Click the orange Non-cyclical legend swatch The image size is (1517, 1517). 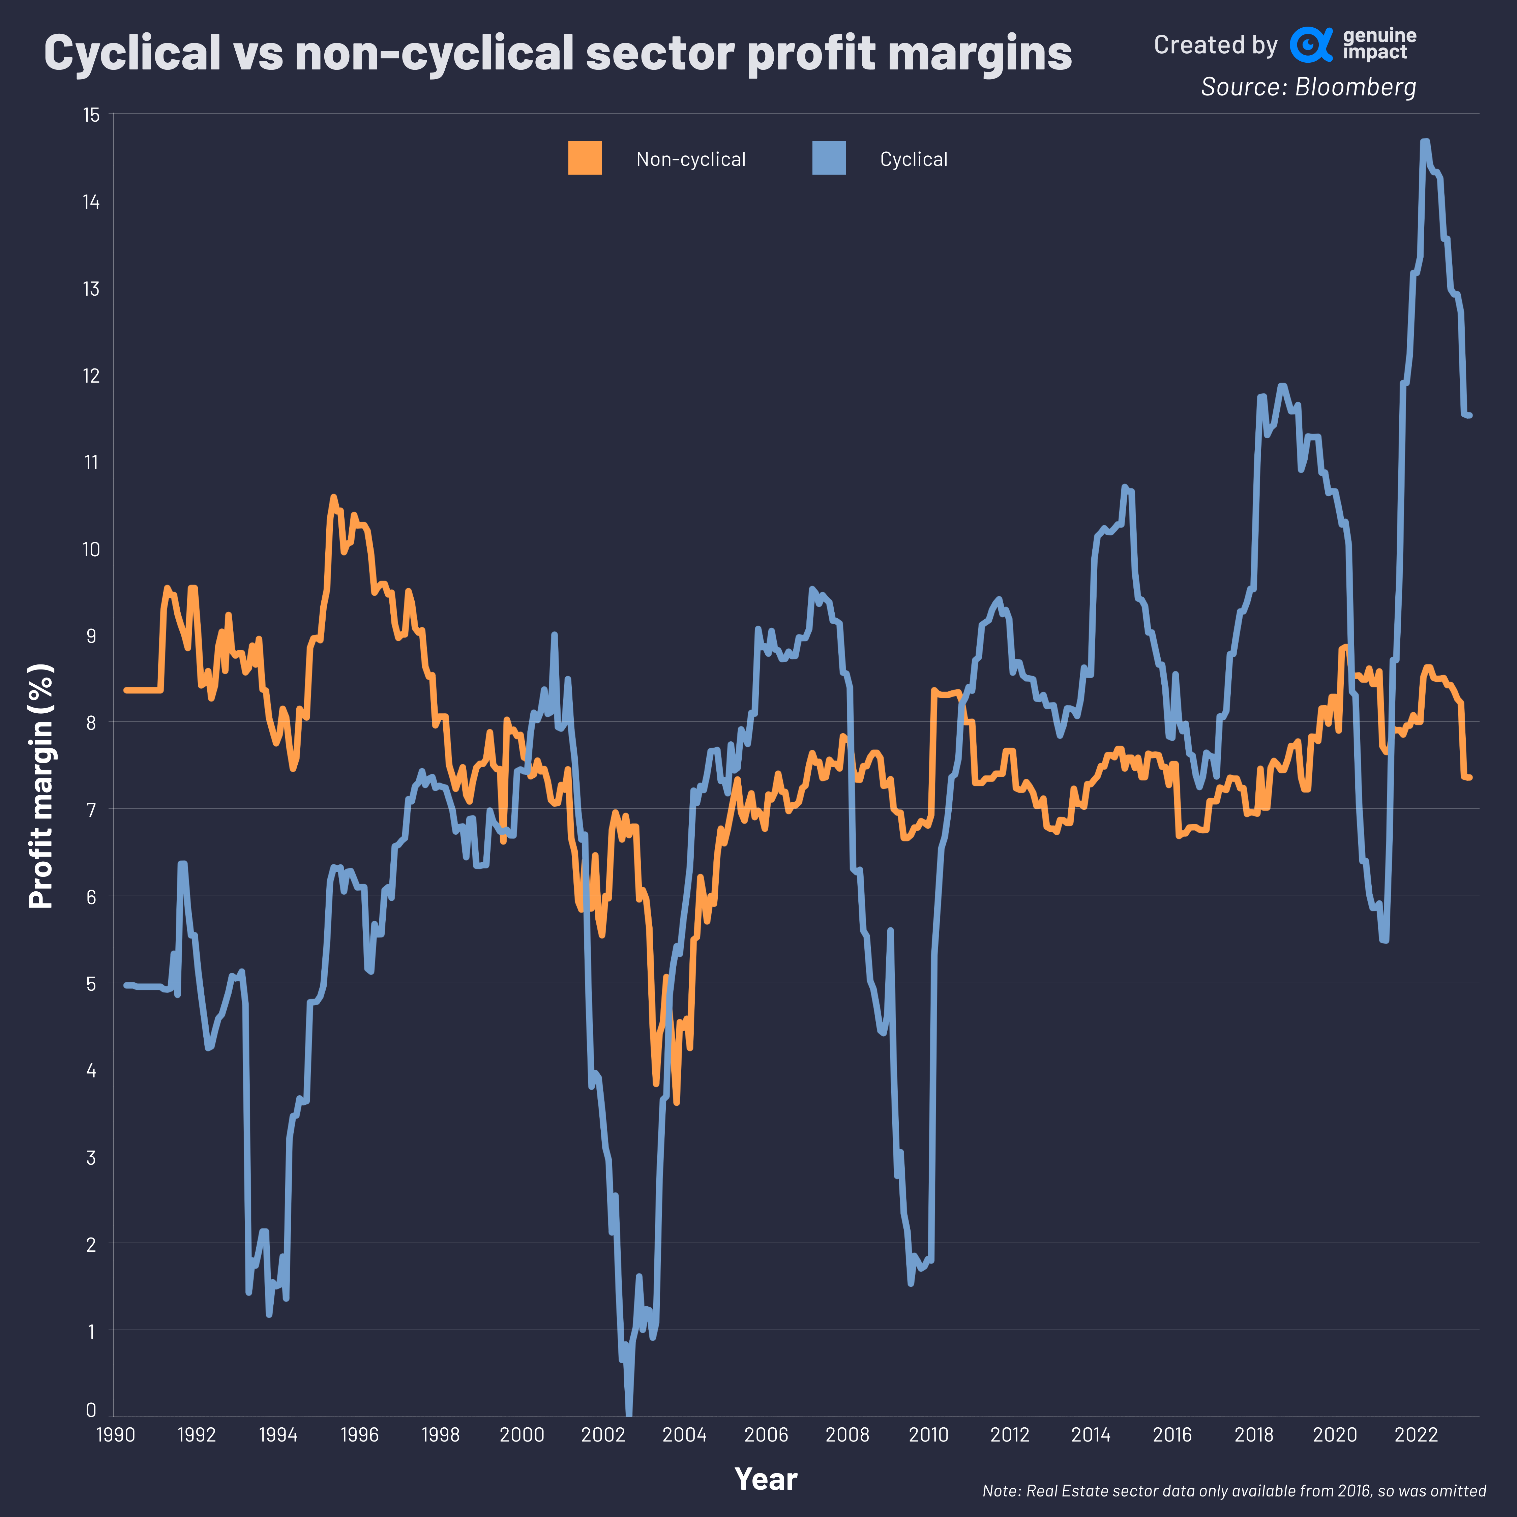pos(585,158)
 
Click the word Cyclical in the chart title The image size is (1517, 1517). pos(132,53)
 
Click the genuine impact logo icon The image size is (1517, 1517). pos(1310,45)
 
